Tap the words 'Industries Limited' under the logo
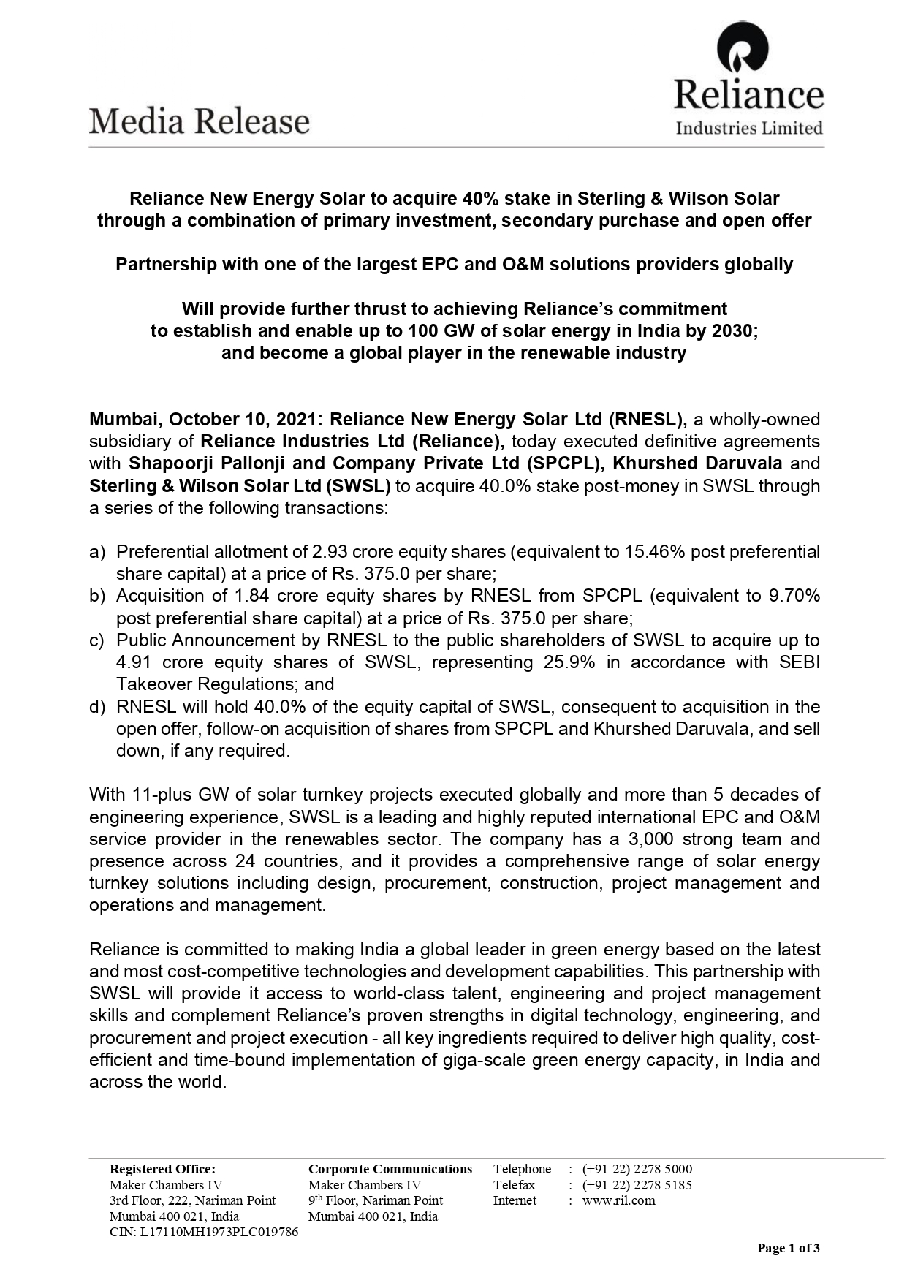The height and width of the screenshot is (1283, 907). click(x=749, y=129)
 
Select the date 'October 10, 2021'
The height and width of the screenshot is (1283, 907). click(x=245, y=420)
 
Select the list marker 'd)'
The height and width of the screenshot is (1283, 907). click(x=97, y=707)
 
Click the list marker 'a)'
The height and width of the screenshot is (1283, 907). click(x=97, y=552)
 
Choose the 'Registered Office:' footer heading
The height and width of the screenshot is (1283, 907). click(x=162, y=1169)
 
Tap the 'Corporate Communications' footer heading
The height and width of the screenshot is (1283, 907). click(x=390, y=1169)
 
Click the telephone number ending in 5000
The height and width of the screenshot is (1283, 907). click(x=637, y=1169)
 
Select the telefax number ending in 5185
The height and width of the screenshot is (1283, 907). click(x=637, y=1185)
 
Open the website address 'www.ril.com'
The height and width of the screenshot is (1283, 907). click(x=618, y=1200)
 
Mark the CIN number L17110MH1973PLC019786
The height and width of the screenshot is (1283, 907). click(x=204, y=1232)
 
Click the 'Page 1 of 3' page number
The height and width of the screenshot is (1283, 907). click(x=788, y=1248)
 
